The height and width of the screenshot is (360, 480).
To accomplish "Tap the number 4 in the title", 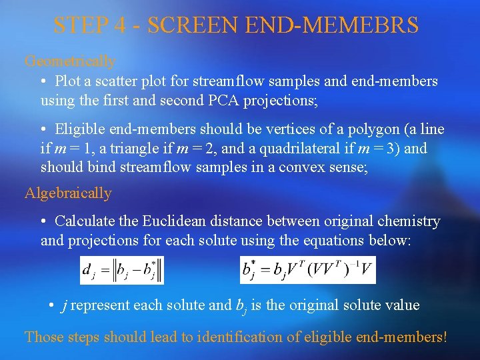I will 120,25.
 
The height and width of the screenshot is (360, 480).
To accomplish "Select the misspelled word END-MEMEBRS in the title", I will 332,25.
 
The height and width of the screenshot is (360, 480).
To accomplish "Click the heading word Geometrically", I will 70,61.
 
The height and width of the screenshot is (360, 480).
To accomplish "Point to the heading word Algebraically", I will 68,193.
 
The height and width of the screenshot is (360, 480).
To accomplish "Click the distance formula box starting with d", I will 122,270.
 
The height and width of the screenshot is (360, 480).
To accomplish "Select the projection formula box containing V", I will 308,270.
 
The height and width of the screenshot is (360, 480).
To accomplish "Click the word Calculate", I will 84,221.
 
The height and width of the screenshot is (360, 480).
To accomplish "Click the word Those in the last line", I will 43,337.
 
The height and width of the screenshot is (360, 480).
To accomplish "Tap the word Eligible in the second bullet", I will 79,129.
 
